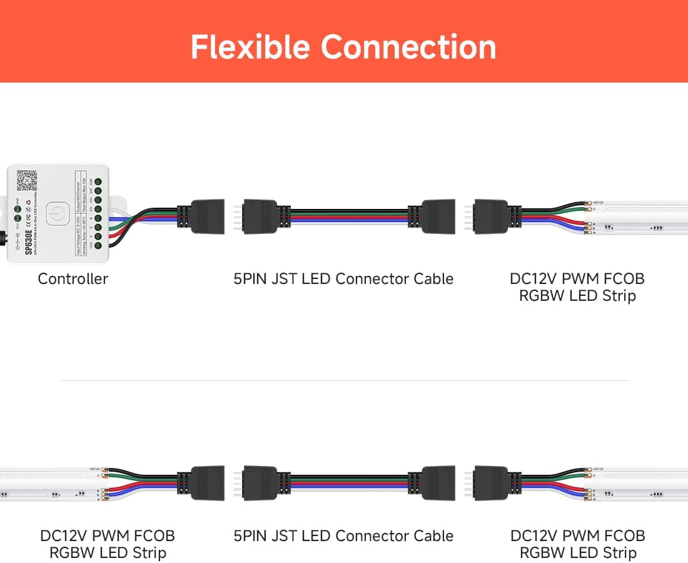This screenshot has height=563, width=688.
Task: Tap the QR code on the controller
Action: coord(26,180)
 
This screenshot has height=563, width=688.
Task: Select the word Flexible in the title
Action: coord(250,47)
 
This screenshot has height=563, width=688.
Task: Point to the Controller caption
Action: coord(73,279)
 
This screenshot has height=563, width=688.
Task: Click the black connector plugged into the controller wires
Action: coord(206,216)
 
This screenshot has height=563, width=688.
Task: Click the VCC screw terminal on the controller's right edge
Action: coord(98,246)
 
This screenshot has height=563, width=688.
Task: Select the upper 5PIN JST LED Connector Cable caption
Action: coord(343,279)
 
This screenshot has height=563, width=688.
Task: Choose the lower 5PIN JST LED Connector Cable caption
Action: coord(343,536)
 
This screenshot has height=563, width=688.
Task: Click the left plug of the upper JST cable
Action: coord(259,216)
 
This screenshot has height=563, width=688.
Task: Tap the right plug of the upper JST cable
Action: coord(437,216)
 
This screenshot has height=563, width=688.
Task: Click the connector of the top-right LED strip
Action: coord(491,216)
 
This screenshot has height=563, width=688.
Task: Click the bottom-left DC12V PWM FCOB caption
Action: coord(108,536)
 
